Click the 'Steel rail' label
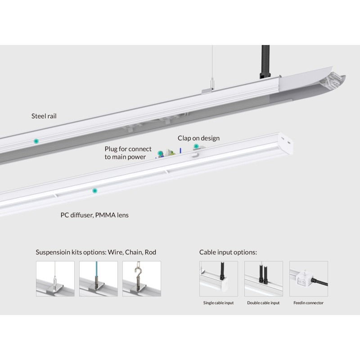(x=44, y=116)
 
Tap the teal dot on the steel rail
(x=36, y=141)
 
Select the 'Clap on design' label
(x=198, y=138)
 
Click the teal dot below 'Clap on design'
(x=196, y=146)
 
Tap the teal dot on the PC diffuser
(x=94, y=191)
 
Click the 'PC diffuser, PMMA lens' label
(x=94, y=215)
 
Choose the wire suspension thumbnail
(x=55, y=279)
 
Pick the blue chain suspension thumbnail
(x=99, y=279)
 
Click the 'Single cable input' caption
(x=218, y=303)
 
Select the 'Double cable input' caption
(x=263, y=303)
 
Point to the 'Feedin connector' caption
(x=308, y=303)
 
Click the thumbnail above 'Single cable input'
(x=218, y=279)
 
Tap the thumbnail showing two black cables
(x=263, y=279)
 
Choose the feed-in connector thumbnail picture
(x=308, y=279)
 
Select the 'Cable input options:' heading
(x=228, y=252)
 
